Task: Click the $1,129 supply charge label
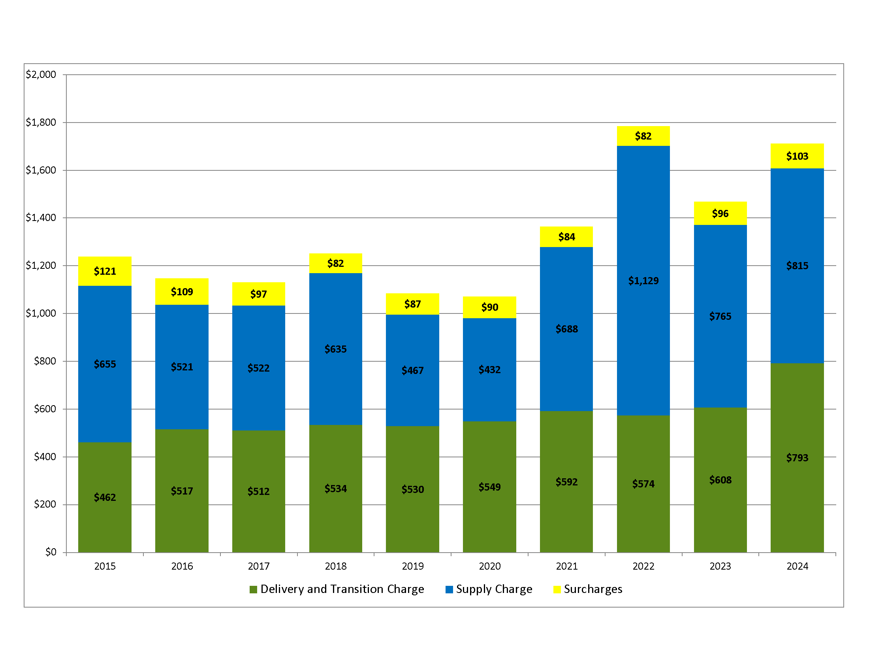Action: [643, 281]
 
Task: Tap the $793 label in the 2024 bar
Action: [797, 458]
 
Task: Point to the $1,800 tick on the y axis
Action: [41, 122]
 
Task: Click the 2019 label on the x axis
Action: [413, 566]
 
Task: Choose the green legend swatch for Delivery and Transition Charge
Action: [253, 589]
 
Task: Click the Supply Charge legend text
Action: [494, 589]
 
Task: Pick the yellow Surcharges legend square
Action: [557, 589]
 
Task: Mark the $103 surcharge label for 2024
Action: [797, 156]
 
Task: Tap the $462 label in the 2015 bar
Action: [105, 497]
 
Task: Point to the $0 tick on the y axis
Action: [51, 552]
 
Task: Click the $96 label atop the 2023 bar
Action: [720, 214]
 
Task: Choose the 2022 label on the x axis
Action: [643, 566]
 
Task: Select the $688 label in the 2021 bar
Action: [566, 329]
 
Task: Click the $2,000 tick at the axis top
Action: [41, 74]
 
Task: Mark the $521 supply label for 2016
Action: [182, 367]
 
